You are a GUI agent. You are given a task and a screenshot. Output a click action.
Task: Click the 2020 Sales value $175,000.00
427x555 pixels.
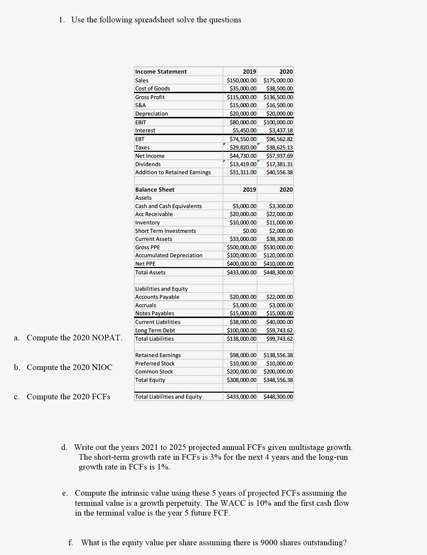click(x=278, y=80)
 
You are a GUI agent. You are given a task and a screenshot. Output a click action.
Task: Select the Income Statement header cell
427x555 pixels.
click(x=161, y=72)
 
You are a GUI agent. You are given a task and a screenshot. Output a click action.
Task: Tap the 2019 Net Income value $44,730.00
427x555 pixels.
click(x=243, y=156)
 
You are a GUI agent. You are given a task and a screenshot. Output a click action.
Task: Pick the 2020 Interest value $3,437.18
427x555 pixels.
click(x=281, y=130)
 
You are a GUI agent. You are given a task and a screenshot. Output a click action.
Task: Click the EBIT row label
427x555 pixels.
click(x=141, y=122)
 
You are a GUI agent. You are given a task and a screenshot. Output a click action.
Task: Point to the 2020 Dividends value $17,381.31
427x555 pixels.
click(x=279, y=164)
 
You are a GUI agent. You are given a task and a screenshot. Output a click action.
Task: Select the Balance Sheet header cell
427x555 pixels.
click(x=155, y=190)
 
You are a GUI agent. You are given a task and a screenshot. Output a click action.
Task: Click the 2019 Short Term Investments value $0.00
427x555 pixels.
click(x=249, y=231)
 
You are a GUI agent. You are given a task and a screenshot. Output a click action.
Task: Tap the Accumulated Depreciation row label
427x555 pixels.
click(x=168, y=256)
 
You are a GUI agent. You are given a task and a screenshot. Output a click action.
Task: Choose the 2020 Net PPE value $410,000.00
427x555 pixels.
click(x=278, y=264)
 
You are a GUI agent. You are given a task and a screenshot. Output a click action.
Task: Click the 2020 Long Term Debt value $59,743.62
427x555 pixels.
click(x=279, y=330)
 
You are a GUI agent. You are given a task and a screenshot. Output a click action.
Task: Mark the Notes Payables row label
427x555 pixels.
click(x=155, y=313)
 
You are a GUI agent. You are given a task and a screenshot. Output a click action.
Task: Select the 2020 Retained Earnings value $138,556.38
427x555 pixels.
click(x=278, y=355)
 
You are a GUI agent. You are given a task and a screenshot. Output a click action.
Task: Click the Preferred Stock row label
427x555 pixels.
click(x=155, y=363)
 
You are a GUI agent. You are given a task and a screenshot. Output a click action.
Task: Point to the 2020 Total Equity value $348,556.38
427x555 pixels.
click(x=278, y=380)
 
